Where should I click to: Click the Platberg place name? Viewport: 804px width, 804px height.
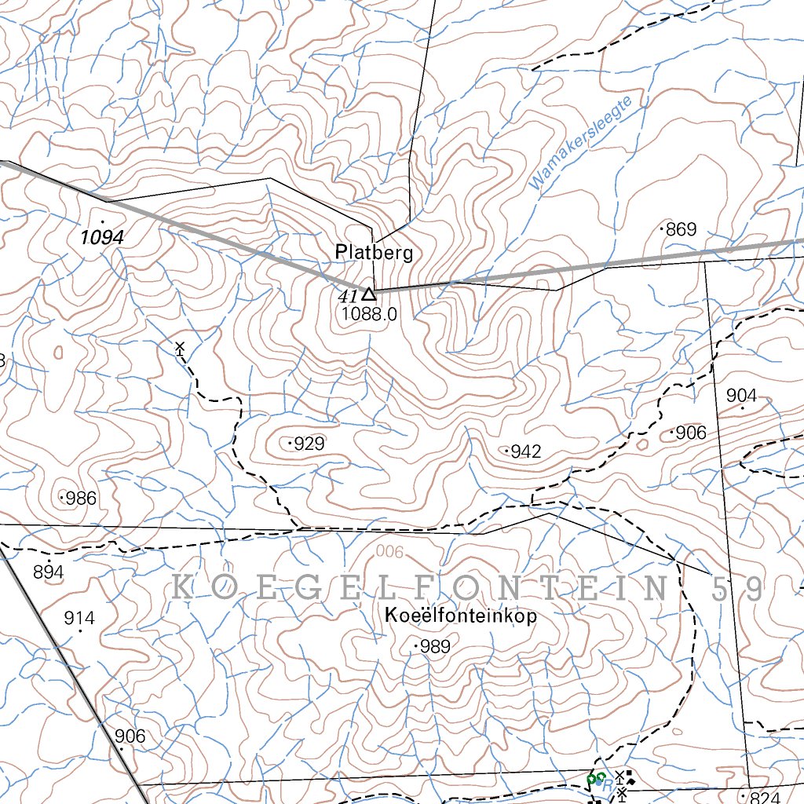pyautogui.click(x=373, y=253)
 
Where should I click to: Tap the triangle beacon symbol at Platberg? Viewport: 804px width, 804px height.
pyautogui.click(x=368, y=294)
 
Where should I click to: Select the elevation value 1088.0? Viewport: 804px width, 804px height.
pyautogui.click(x=370, y=314)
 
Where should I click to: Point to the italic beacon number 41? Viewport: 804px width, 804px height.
pyautogui.click(x=347, y=296)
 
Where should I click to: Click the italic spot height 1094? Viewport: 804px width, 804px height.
pyautogui.click(x=103, y=236)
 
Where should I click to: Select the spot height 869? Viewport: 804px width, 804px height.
pyautogui.click(x=680, y=229)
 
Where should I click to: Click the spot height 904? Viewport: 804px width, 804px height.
pyautogui.click(x=741, y=396)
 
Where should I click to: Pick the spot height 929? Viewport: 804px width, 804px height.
pyautogui.click(x=308, y=444)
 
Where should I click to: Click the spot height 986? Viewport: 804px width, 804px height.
pyautogui.click(x=79, y=498)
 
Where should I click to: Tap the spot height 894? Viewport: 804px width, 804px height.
pyautogui.click(x=48, y=572)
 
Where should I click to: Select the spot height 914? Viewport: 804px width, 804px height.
pyautogui.click(x=79, y=619)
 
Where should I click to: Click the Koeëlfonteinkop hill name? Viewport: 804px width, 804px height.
pyautogui.click(x=462, y=616)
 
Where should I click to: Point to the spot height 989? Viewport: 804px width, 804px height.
pyautogui.click(x=434, y=647)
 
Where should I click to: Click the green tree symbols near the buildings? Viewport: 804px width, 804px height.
pyautogui.click(x=597, y=779)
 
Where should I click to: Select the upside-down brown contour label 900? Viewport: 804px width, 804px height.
pyautogui.click(x=389, y=553)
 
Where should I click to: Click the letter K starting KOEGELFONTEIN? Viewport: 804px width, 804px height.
pyautogui.click(x=181, y=588)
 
